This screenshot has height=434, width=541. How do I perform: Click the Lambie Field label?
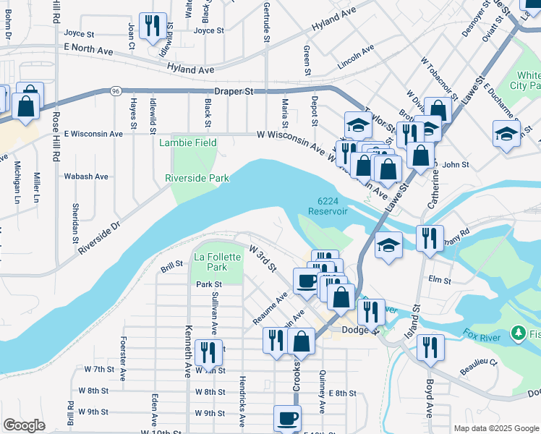click(x=187, y=142)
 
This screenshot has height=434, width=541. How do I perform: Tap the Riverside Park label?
click(x=197, y=178)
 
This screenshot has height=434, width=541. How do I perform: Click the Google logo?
click(x=24, y=425)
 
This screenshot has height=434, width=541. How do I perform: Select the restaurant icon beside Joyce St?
click(x=153, y=26)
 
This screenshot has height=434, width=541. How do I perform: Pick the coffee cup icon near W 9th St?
click(x=287, y=418)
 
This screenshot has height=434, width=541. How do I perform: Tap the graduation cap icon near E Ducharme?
click(x=506, y=133)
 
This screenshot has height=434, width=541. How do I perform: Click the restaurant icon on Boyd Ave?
click(x=431, y=347)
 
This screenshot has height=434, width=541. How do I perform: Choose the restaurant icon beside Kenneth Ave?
click(x=208, y=353)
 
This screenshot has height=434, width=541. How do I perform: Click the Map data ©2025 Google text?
click(x=496, y=428)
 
